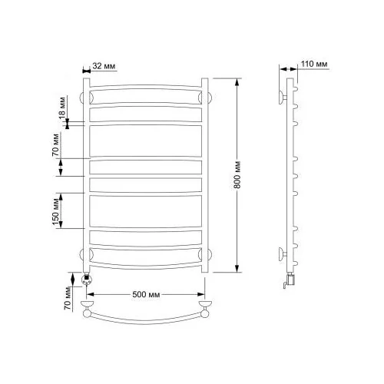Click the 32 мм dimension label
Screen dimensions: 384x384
(x=104, y=66)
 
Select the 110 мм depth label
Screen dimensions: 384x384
(x=314, y=64)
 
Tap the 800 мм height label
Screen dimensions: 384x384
(x=237, y=175)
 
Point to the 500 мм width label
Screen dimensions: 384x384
(x=146, y=294)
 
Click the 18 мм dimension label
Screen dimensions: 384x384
(x=62, y=108)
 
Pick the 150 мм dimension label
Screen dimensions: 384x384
(x=56, y=211)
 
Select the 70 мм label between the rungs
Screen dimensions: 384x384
(x=56, y=145)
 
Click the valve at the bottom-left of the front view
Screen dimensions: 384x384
(x=86, y=280)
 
